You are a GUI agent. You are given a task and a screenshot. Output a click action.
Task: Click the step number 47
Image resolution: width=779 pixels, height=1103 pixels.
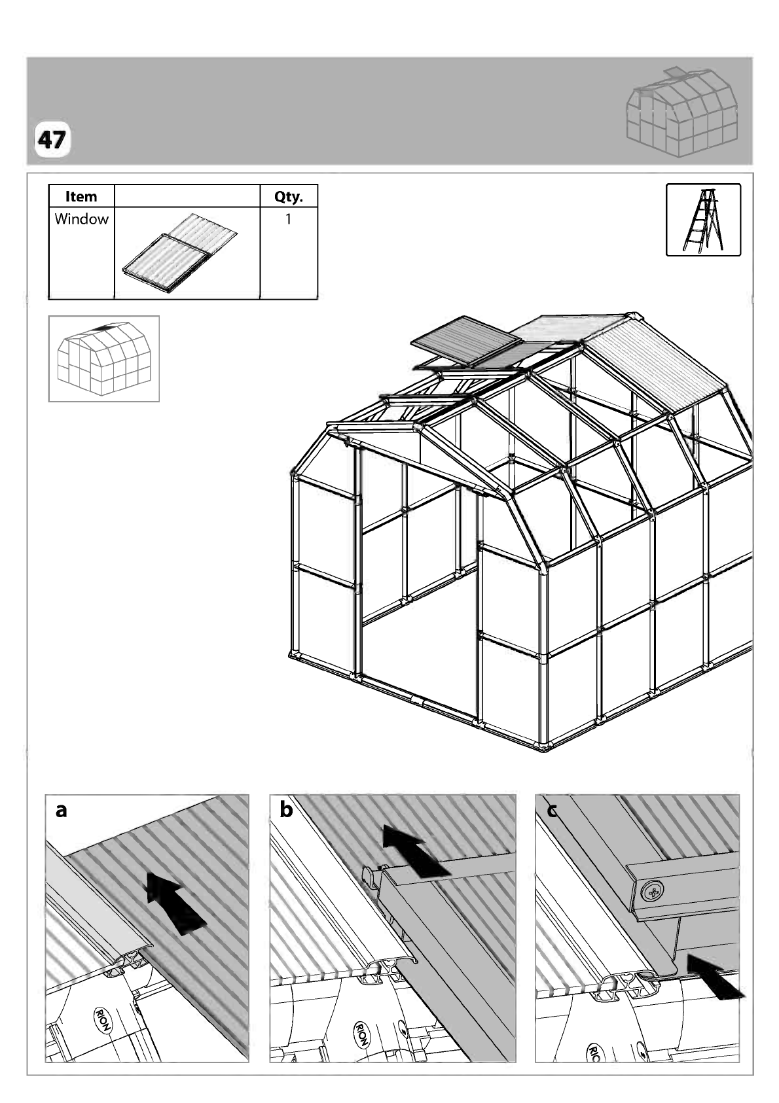[x=52, y=140]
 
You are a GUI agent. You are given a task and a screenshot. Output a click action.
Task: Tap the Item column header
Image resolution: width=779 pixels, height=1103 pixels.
[x=81, y=196]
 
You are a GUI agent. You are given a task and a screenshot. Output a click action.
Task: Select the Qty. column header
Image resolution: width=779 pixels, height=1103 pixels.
[x=289, y=196]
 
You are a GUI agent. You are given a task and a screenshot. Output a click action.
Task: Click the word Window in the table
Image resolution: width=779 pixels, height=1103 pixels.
[x=81, y=219]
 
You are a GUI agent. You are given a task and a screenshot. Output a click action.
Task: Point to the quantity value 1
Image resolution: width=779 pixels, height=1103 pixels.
[x=288, y=219]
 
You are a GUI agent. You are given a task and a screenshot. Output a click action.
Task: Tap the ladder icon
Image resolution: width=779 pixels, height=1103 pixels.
[x=703, y=220]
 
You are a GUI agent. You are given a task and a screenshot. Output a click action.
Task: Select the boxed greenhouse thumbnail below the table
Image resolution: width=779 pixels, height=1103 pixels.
[x=104, y=359]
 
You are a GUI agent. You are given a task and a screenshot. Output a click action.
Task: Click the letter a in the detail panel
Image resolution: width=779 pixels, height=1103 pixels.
[x=61, y=809]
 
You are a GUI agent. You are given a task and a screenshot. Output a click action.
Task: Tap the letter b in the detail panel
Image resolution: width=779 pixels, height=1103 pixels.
[x=286, y=809]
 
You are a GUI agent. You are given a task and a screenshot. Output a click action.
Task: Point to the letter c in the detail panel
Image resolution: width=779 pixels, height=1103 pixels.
[x=553, y=811]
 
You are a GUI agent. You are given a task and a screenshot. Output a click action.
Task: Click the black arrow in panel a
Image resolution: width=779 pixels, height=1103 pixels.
[x=176, y=903]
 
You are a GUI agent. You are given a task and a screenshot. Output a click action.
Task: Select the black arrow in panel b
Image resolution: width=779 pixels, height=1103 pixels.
[x=416, y=851]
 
